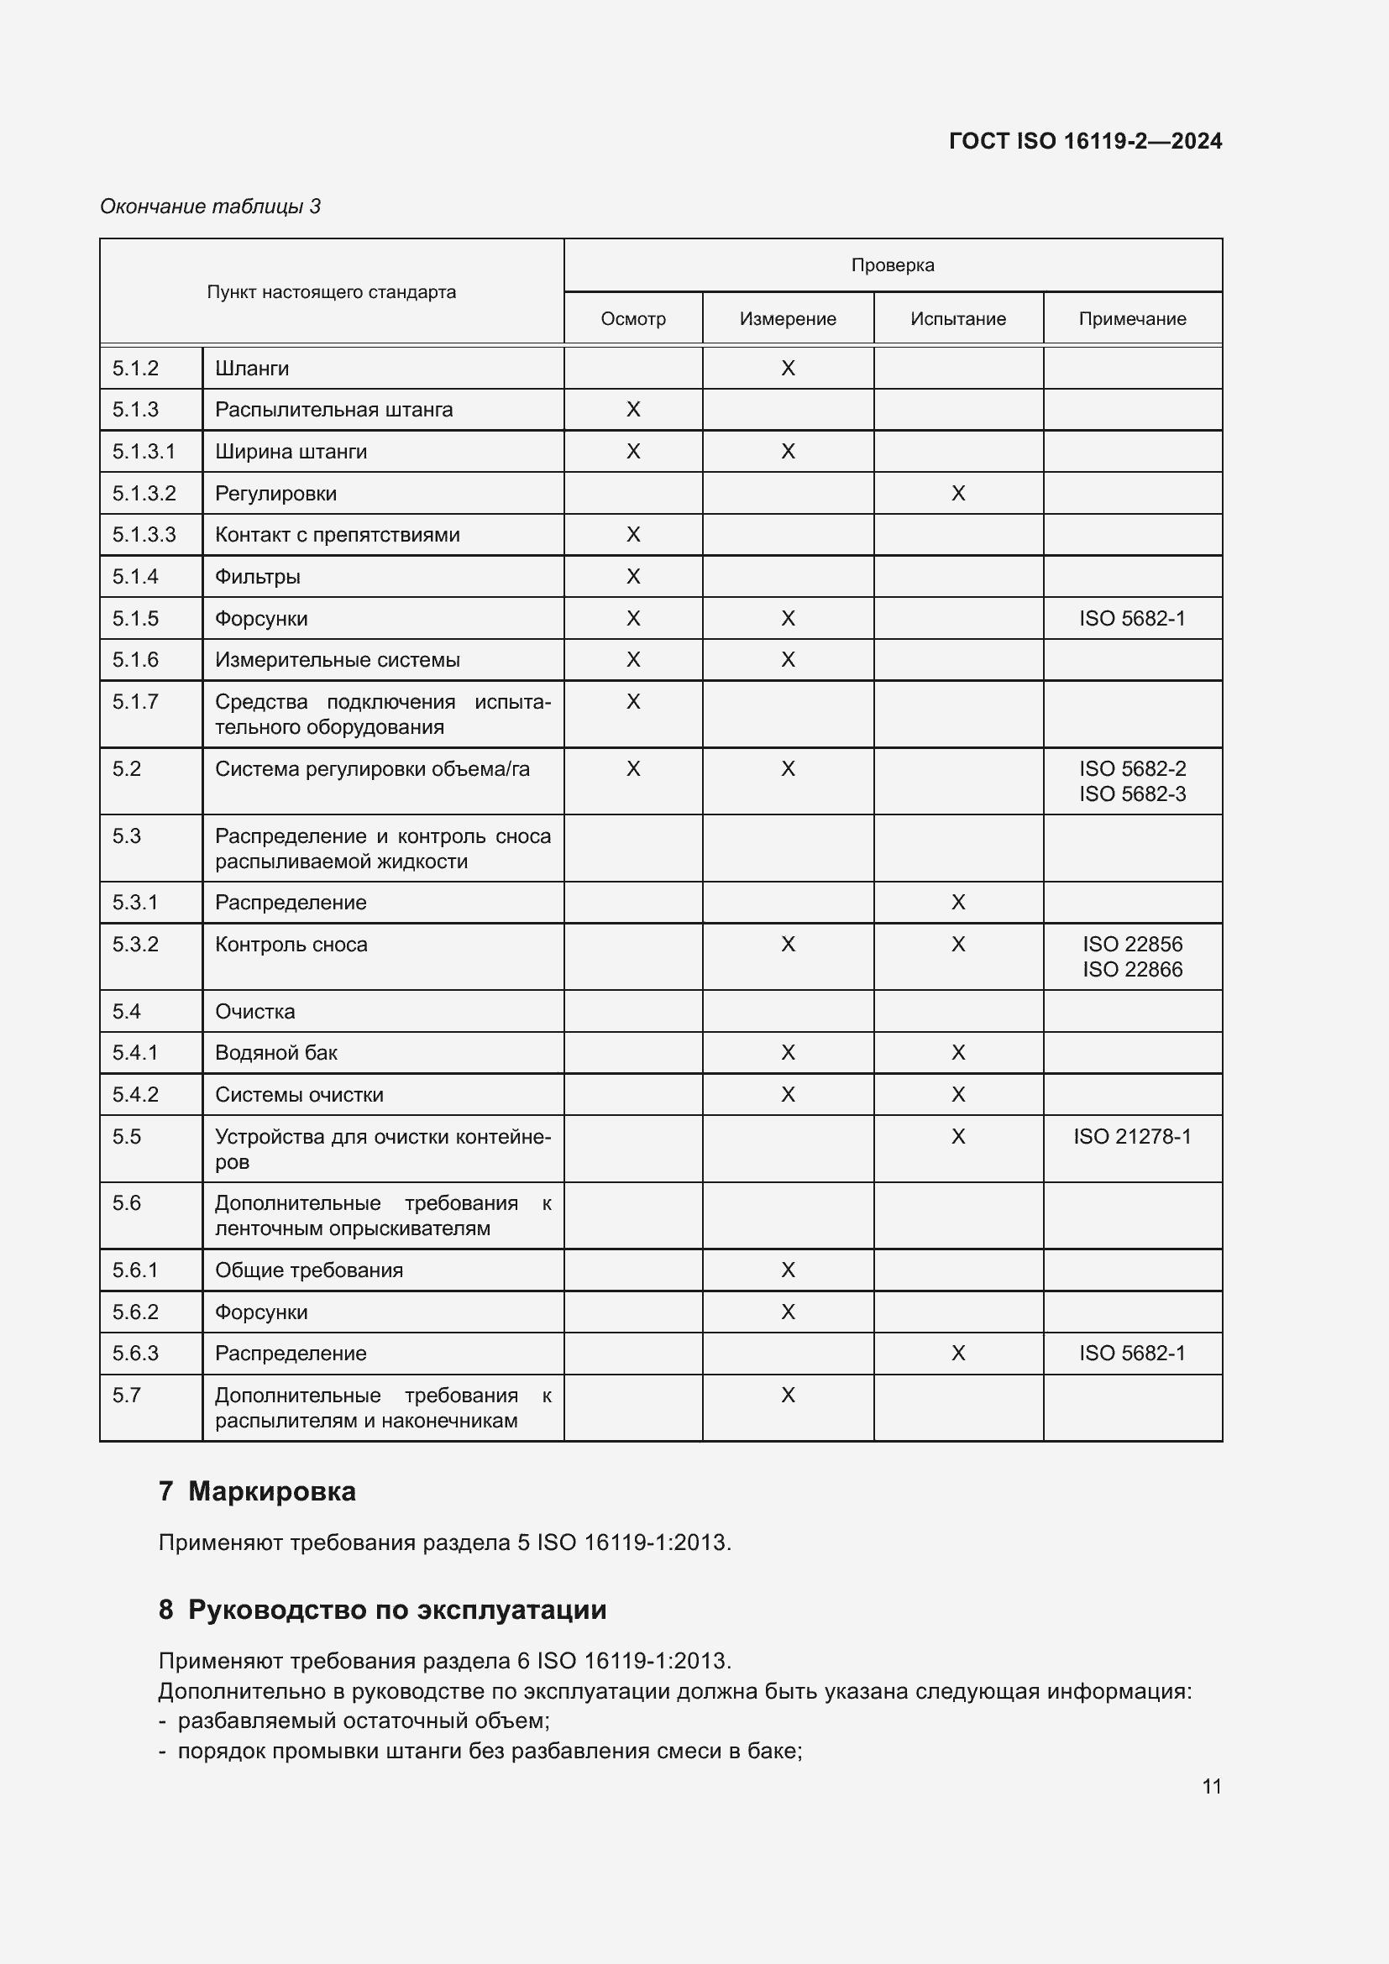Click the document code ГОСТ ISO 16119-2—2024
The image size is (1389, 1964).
tap(1084, 141)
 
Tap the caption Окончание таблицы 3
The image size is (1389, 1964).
tap(211, 207)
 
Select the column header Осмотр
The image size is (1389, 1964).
tap(633, 319)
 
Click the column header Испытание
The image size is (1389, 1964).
tap(958, 319)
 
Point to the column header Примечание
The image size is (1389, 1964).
tap(1131, 319)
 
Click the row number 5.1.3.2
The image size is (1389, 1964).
tap(144, 494)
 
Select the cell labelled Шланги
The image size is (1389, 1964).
tap(252, 369)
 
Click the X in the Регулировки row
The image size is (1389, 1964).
tap(958, 494)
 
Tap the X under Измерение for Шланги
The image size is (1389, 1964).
tap(788, 369)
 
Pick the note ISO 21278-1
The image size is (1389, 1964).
tap(1131, 1136)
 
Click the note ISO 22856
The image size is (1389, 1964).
tap(1131, 944)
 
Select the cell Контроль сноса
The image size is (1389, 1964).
tap(291, 945)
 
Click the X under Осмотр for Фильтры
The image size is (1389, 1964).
tap(633, 577)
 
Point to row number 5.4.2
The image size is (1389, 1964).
tap(135, 1094)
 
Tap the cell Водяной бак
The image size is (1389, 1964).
tap(275, 1053)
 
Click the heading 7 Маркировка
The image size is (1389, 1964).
tap(257, 1491)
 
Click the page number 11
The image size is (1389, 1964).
tap(1211, 1786)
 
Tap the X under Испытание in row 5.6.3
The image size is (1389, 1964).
tap(958, 1354)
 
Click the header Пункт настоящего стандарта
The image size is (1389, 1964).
tap(331, 292)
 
